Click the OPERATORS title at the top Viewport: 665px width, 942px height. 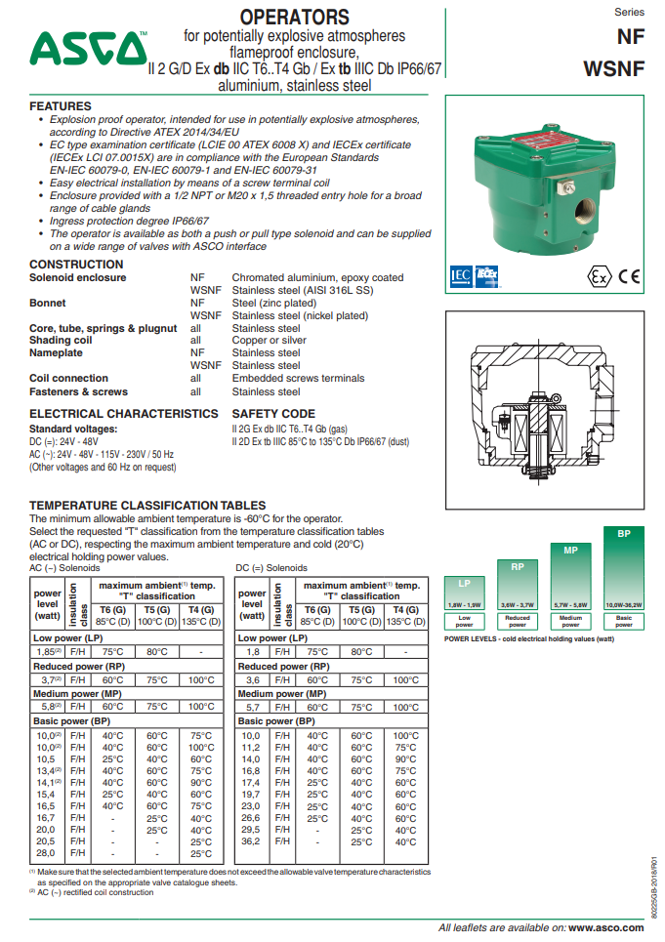coord(294,18)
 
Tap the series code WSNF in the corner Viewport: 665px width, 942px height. coord(613,69)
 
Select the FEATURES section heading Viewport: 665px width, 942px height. coord(61,105)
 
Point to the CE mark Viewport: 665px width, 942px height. coord(630,276)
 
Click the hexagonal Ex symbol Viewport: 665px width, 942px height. coord(601,276)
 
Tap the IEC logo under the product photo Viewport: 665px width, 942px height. coord(460,275)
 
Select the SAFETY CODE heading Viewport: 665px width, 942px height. coord(273,414)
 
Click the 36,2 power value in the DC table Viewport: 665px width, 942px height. coord(251,841)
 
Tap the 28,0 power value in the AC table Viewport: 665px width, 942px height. coord(46,853)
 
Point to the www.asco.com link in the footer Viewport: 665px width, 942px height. coord(604,927)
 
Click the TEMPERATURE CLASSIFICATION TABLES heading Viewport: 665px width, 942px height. coord(147,505)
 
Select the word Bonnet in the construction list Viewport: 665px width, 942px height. coord(48,304)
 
